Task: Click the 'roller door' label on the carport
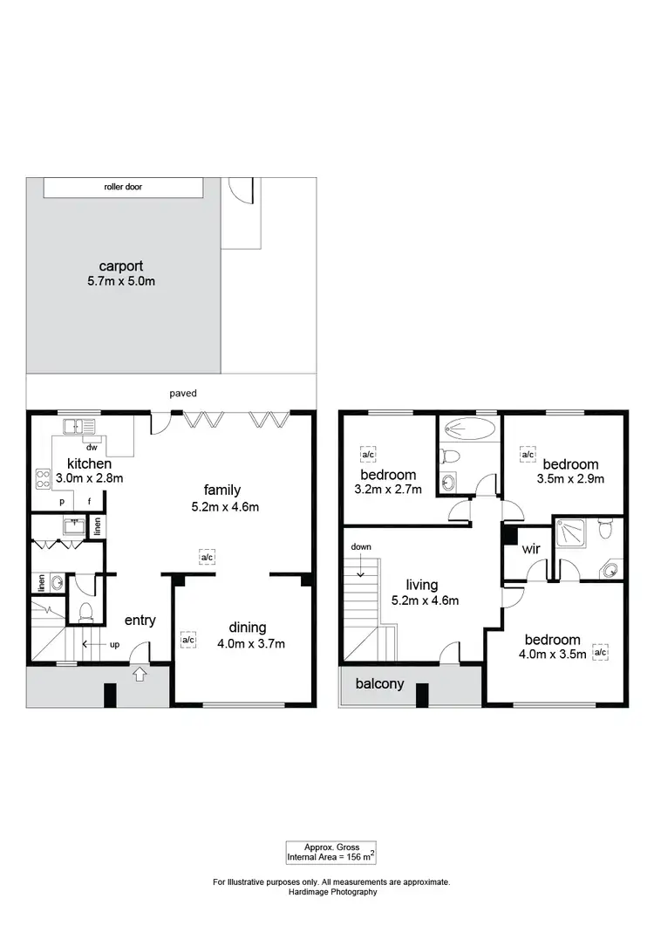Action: (123, 187)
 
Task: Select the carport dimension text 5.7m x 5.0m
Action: (120, 281)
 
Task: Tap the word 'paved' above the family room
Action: (183, 394)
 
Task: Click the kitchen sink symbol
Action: (79, 427)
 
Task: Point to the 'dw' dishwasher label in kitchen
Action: (91, 445)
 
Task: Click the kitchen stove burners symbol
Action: (41, 478)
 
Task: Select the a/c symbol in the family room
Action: (208, 557)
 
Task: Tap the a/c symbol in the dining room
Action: (187, 640)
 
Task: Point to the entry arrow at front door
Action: (140, 673)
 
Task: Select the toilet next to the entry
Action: (85, 612)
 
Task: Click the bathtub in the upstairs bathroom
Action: (469, 429)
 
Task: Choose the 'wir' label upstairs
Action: (531, 551)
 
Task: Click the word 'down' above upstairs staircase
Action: (361, 547)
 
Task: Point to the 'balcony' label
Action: (379, 684)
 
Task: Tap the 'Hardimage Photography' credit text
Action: (331, 892)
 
